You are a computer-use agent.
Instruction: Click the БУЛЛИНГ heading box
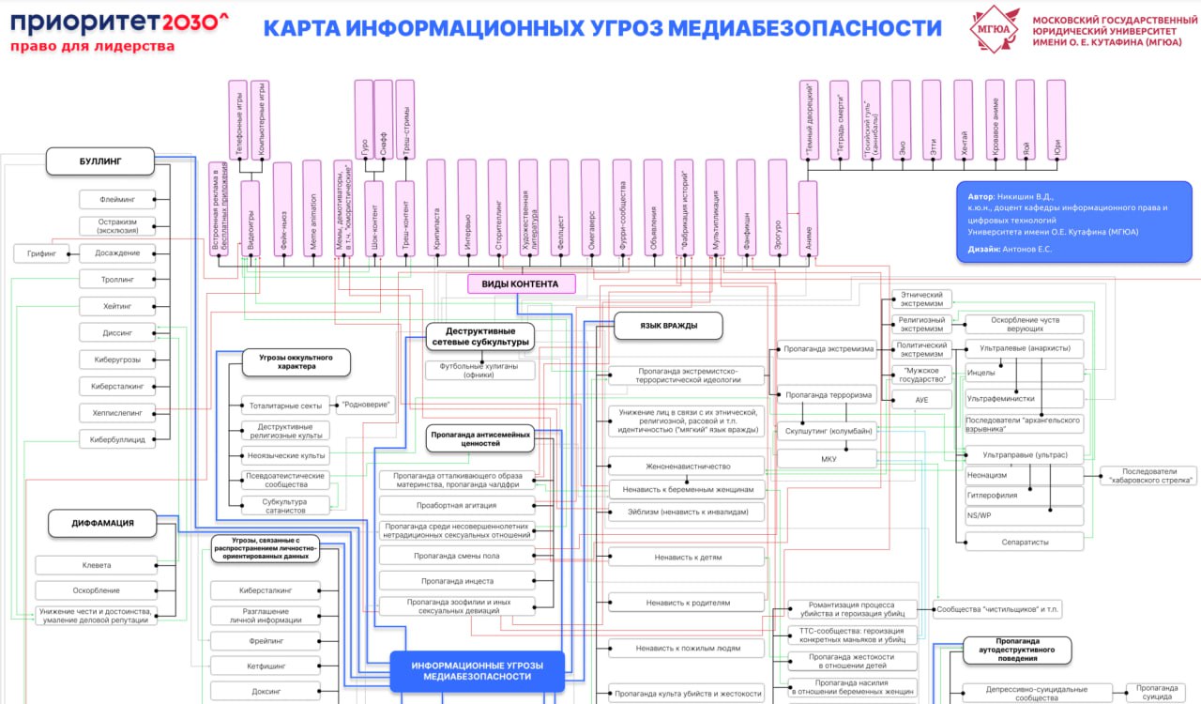coord(99,161)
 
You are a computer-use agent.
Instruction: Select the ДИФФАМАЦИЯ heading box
coord(102,523)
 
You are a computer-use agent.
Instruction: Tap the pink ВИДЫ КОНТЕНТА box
coord(520,283)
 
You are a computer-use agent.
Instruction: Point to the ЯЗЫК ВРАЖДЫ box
coord(668,326)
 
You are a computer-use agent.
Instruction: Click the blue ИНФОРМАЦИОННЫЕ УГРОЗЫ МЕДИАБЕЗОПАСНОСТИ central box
coord(477,671)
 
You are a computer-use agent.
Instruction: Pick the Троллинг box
coord(118,280)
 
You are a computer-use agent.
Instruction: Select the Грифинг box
coord(42,253)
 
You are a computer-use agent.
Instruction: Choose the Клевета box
coord(97,565)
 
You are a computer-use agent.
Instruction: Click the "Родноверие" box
coord(364,406)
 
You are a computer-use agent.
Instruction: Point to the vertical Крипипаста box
coord(435,207)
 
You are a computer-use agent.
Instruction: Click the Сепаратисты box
coord(1024,542)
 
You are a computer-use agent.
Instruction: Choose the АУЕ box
coord(921,400)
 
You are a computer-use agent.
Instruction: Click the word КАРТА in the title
coord(301,28)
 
